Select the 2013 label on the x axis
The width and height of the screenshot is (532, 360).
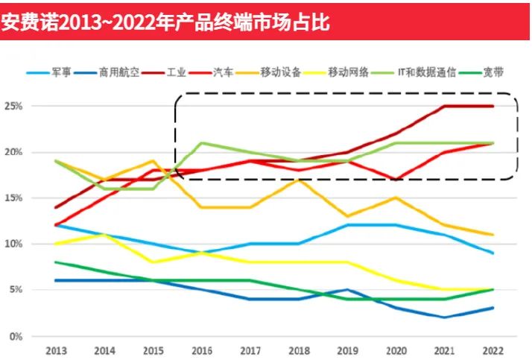pos(57,350)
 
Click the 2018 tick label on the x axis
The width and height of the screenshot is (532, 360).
pos(300,350)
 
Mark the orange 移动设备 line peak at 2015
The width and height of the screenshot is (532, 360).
pos(153,161)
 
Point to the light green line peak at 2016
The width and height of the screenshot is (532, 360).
pos(202,142)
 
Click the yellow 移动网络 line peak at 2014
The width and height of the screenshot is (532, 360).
pos(105,235)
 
